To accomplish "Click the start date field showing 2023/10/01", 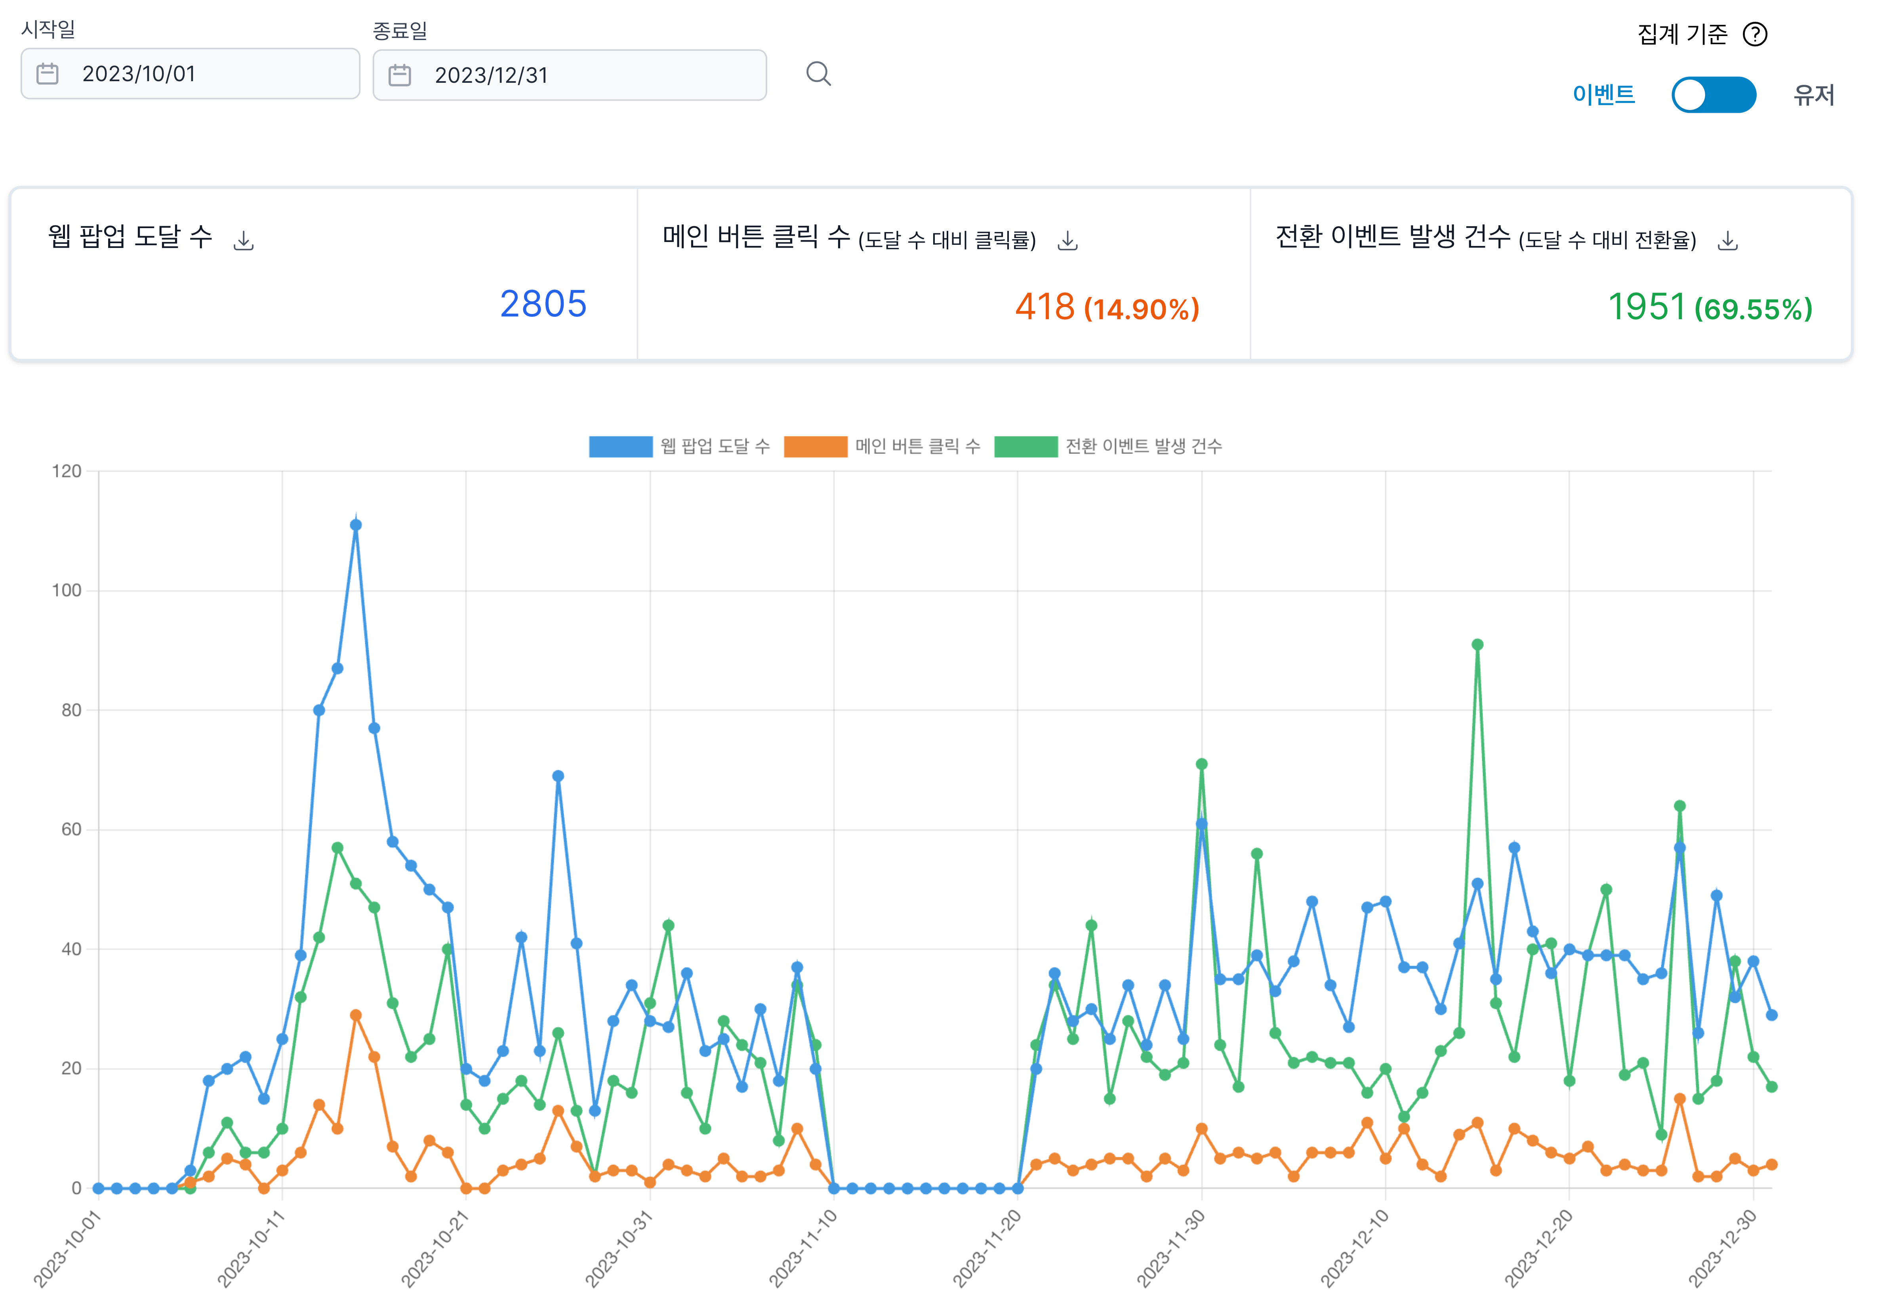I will (x=190, y=74).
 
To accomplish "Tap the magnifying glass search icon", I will (x=818, y=74).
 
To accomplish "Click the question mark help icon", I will (x=1754, y=34).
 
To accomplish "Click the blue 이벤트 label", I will (x=1603, y=94).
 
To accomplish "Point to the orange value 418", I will (x=1044, y=307).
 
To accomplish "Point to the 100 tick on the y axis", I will (x=67, y=590).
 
